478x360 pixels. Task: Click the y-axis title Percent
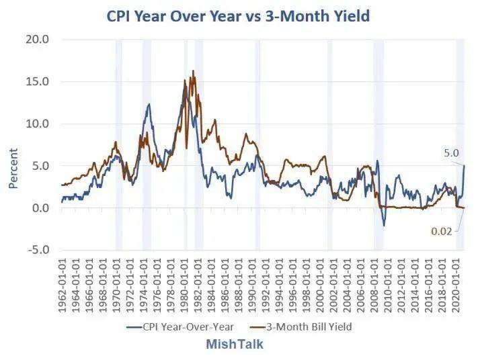[13, 168]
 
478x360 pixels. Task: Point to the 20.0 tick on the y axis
[37, 39]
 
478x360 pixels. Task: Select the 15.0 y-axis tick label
[37, 81]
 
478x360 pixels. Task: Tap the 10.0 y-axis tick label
[37, 124]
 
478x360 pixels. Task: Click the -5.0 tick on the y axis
[36, 250]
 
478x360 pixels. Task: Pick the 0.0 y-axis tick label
[39, 208]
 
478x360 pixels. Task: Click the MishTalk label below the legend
[235, 345]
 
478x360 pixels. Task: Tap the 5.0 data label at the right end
[450, 153]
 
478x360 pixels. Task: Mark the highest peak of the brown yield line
[193, 71]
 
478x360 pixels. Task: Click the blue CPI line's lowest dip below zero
[384, 225]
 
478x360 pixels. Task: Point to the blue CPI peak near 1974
[148, 104]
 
